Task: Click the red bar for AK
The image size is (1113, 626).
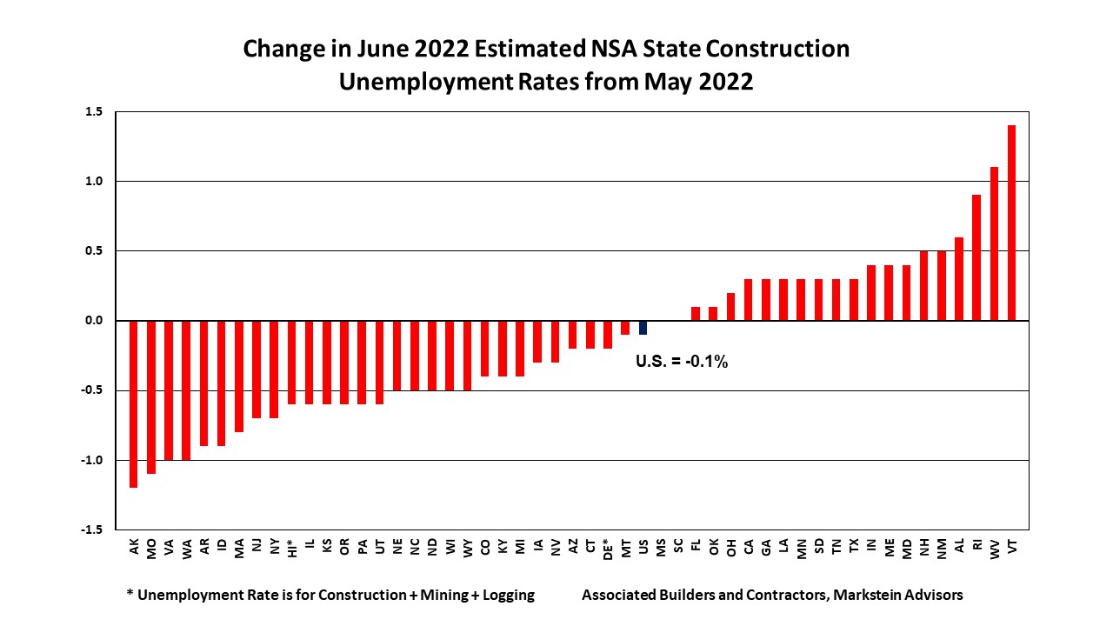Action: tap(133, 403)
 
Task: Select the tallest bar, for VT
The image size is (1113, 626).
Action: tap(1011, 223)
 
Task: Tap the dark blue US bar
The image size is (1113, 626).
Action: tap(643, 328)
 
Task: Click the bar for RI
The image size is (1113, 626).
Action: tap(976, 258)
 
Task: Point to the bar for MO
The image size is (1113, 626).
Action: tap(151, 396)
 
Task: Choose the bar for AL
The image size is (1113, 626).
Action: tap(959, 279)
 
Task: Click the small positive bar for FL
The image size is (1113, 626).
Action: tap(696, 314)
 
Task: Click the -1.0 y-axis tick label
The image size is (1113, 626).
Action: tap(92, 460)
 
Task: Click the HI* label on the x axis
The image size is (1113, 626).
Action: tap(292, 548)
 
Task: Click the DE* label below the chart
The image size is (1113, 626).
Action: tap(608, 548)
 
